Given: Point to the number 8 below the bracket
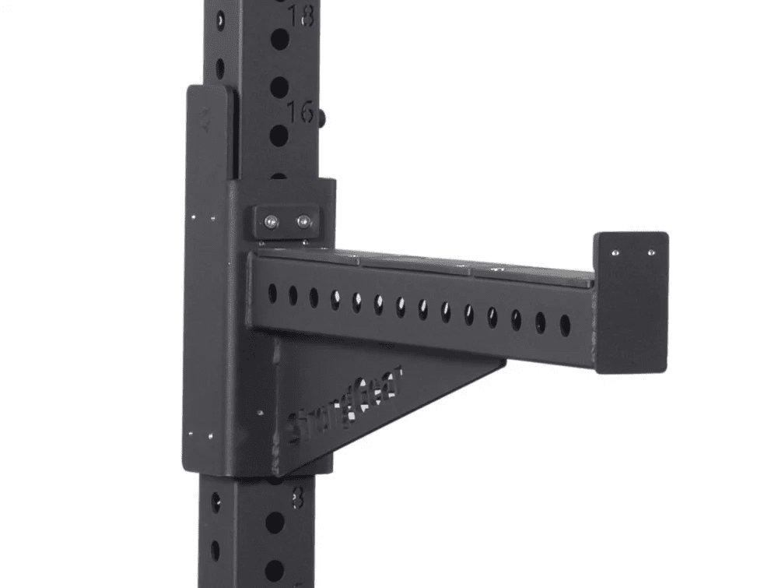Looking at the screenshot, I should click(298, 497).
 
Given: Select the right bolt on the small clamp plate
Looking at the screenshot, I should click(302, 223).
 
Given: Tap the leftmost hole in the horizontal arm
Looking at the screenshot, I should click(272, 293).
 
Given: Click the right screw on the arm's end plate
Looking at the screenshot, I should click(650, 252).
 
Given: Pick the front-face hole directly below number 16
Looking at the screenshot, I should click(279, 136).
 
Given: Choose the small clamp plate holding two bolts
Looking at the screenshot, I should click(286, 223).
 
